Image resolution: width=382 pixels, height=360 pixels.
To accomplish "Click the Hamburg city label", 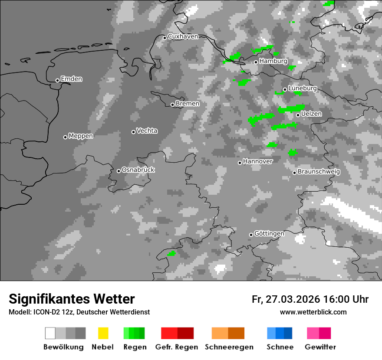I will click(273, 61).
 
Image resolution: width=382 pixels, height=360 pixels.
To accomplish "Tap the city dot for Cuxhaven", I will click(165, 38).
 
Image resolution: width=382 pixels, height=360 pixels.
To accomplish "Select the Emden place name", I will click(71, 79).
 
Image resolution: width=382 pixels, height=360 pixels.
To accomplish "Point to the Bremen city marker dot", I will click(172, 105).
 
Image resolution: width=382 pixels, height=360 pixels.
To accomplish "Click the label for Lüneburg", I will click(302, 88).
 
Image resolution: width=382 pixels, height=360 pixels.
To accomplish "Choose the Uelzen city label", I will click(311, 114).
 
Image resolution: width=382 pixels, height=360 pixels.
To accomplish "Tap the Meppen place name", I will click(81, 136).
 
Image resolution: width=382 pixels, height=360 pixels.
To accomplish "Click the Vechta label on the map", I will click(147, 131).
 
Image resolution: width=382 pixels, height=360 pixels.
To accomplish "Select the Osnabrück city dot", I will click(119, 171).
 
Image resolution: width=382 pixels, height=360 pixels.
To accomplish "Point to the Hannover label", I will click(257, 161).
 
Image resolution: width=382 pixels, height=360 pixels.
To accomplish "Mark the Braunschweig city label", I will click(319, 171).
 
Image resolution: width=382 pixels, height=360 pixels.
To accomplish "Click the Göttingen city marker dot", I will click(251, 235).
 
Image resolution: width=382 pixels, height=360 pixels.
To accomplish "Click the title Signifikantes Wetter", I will click(72, 299).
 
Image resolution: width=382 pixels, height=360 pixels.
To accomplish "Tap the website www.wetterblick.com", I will click(313, 312).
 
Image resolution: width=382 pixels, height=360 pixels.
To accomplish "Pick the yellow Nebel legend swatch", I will click(103, 333).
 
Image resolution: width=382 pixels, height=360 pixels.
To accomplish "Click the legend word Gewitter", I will click(320, 347).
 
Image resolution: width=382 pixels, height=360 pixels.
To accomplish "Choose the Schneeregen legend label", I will click(229, 347).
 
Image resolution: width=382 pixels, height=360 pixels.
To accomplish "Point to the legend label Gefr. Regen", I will click(176, 347).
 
